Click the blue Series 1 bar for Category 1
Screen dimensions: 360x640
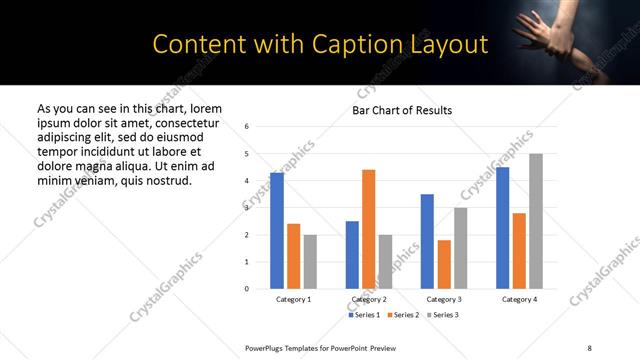coord(277,231)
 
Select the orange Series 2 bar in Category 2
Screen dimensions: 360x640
coord(368,229)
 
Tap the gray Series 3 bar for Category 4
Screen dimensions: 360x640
coord(536,221)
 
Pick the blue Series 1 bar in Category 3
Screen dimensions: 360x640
coord(427,241)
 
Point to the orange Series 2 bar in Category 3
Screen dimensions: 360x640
coord(444,264)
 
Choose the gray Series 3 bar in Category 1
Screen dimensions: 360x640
coord(310,262)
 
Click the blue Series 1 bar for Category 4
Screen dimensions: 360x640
coord(502,228)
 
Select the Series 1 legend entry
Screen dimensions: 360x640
coord(365,315)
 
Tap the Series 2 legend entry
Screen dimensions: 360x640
coord(402,315)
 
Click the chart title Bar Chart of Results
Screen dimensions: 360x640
coord(402,110)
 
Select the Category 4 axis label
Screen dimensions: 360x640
coord(519,300)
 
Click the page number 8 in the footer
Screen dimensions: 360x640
coord(589,347)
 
